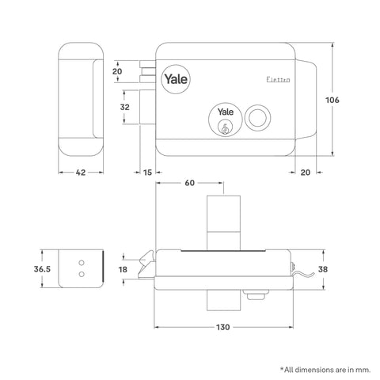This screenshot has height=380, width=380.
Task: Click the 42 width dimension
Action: click(x=81, y=172)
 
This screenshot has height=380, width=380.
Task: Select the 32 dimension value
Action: click(x=124, y=107)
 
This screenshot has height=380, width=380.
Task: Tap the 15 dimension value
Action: click(x=148, y=172)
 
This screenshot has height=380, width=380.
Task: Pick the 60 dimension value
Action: click(x=189, y=183)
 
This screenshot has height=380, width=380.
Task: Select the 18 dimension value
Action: click(x=122, y=269)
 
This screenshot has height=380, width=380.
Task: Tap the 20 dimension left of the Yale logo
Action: click(x=118, y=71)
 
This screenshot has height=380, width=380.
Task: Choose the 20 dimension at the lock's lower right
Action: click(x=306, y=172)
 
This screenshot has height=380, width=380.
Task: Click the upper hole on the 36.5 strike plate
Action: click(x=82, y=260)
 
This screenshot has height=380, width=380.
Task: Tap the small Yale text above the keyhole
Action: click(x=224, y=114)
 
